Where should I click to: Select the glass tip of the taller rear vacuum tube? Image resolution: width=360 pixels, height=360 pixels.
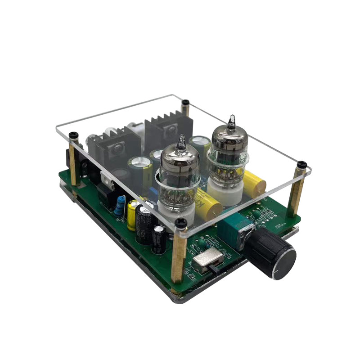tap(231, 121)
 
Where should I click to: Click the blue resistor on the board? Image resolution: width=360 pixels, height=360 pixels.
tap(120, 206)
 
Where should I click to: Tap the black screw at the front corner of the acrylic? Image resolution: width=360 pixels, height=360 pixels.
tap(181, 222)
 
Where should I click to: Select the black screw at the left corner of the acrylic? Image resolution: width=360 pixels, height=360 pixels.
tap(74, 135)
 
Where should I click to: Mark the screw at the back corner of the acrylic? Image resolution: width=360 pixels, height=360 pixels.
tap(185, 103)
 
